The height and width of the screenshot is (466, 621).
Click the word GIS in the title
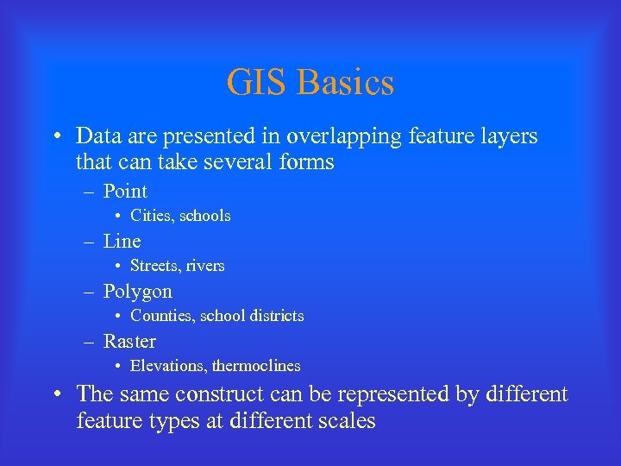257,83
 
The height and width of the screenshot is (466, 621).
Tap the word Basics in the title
345,83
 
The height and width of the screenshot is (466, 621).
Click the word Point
125,192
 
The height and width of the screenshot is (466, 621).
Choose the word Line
122,242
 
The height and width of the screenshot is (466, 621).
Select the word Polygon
137,292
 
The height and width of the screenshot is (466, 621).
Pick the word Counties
161,316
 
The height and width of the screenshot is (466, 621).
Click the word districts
273,316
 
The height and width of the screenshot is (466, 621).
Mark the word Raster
129,342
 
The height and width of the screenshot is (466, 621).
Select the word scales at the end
347,421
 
